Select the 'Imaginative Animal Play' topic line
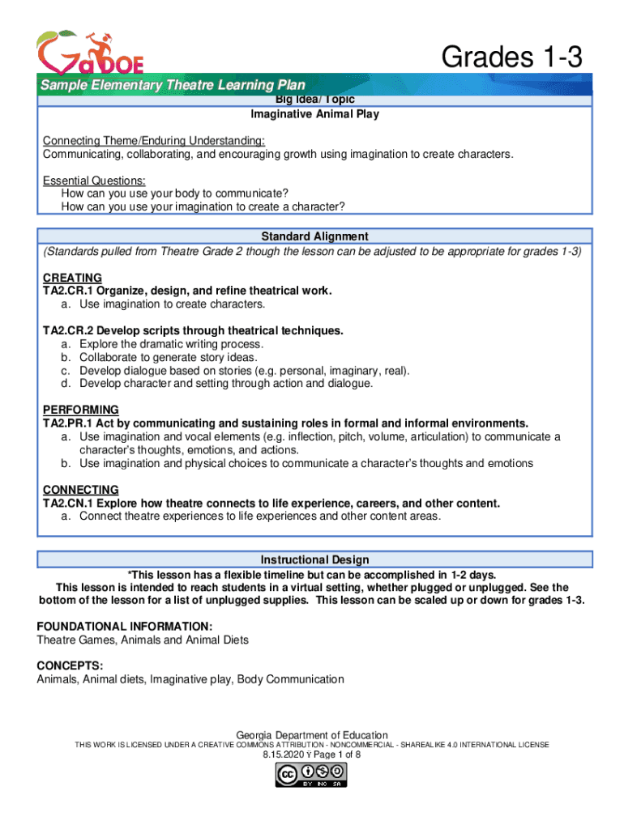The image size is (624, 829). coord(314,114)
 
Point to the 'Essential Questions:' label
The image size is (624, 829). coord(94,181)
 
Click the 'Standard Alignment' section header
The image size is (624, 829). coord(314,236)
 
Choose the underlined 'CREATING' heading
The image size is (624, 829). coord(72,278)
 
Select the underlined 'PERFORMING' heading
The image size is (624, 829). coord(80,410)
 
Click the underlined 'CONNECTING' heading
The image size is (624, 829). coord(80,490)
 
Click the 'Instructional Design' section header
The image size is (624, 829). coord(314,559)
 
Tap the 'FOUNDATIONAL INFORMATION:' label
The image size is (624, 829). coord(125,627)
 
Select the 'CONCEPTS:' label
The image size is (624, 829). coord(70,666)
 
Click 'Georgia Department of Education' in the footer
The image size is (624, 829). coord(312,735)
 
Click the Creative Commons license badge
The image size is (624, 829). coord(312,776)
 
